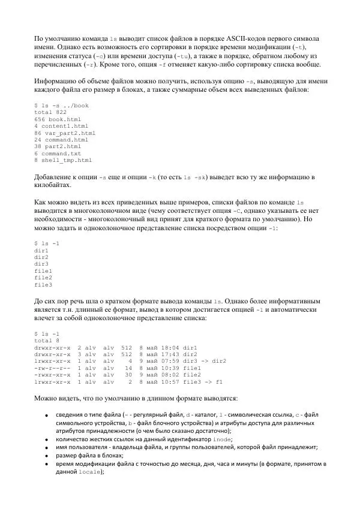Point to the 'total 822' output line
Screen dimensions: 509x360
[50, 112]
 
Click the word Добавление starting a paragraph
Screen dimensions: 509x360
[55, 177]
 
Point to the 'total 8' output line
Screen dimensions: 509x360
[47, 340]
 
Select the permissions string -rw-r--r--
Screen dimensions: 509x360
[52, 368]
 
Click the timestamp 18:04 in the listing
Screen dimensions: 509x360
[166, 347]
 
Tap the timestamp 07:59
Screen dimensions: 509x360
[166, 361]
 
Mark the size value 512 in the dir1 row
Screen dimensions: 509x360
[126, 347]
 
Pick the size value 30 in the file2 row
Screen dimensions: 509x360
[128, 375]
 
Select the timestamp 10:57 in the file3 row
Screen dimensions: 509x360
[166, 381]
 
